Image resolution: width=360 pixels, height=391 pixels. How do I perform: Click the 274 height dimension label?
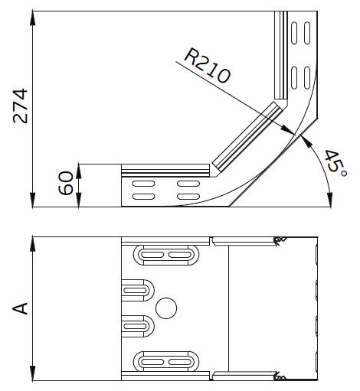click(20, 105)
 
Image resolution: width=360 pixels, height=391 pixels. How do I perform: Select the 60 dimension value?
click(66, 184)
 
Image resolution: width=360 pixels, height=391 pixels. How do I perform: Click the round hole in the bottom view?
click(165, 308)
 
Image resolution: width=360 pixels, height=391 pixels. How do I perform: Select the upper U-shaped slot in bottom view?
click(138, 290)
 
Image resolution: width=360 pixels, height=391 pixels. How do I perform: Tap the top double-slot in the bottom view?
click(165, 254)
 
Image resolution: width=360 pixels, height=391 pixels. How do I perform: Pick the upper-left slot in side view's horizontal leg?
click(143, 184)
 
